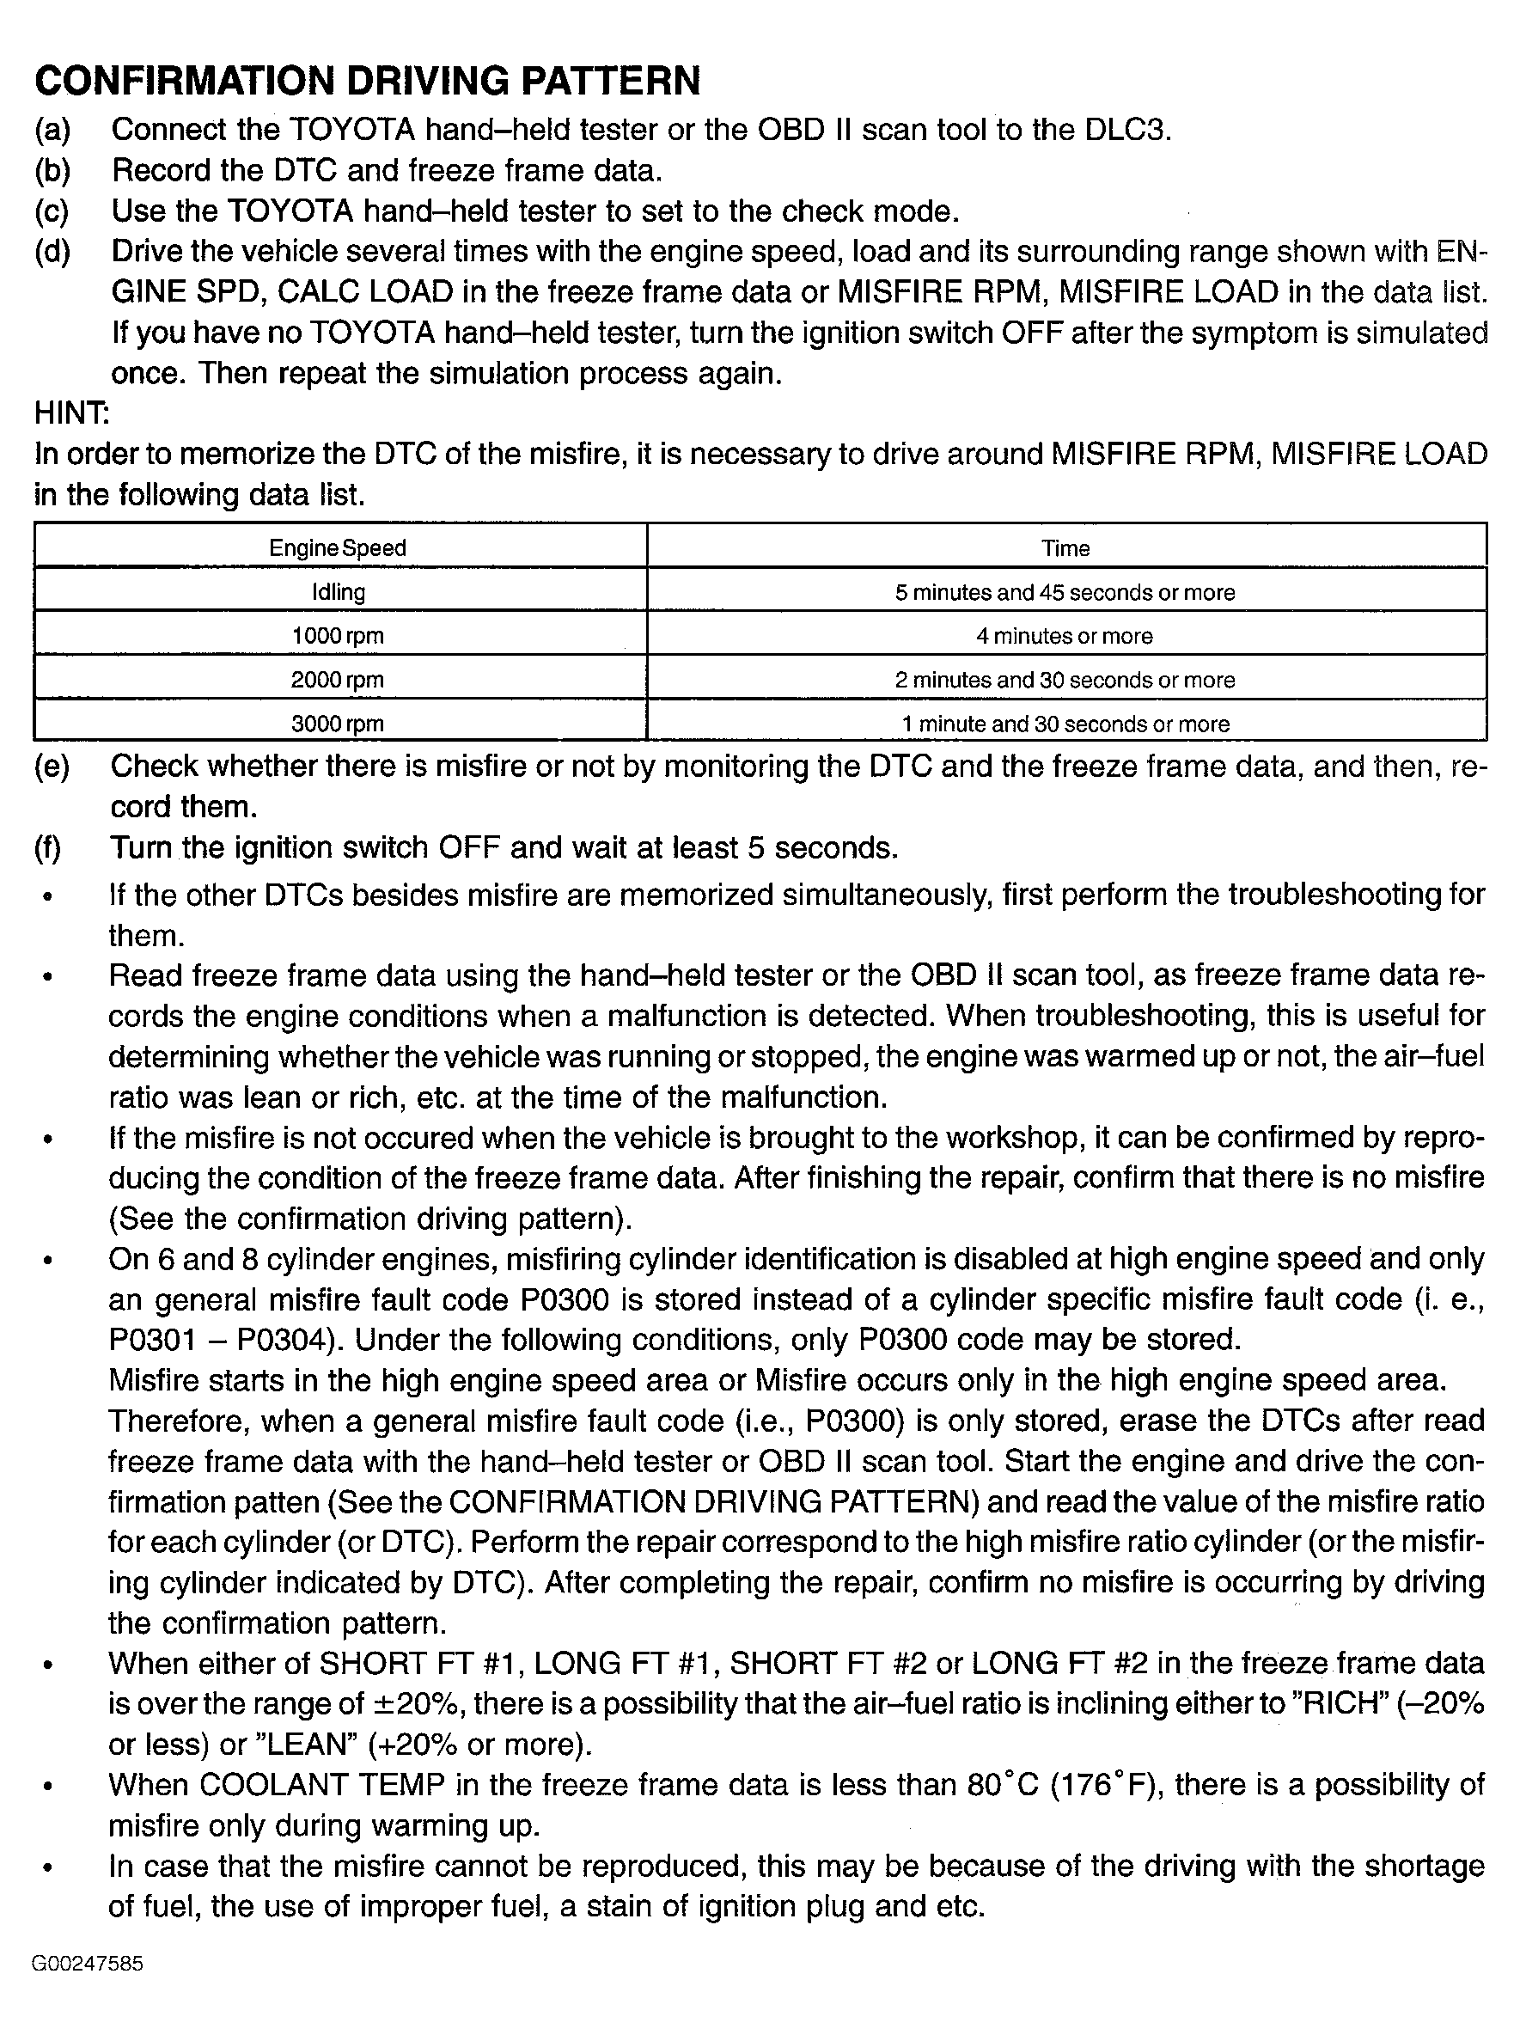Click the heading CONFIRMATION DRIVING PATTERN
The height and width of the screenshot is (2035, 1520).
pos(367,81)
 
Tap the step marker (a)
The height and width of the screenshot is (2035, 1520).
pos(52,130)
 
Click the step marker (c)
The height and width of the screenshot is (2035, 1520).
pos(52,211)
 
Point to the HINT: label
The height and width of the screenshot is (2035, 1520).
pos(72,414)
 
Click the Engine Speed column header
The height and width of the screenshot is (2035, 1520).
pos(338,548)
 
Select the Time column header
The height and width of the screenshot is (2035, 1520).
pos(1065,548)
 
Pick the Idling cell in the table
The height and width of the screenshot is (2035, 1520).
pos(338,592)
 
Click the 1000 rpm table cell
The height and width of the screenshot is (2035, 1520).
pos(338,636)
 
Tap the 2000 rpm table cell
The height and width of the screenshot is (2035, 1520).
pos(338,680)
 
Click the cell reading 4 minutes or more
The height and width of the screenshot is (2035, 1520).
pos(1065,636)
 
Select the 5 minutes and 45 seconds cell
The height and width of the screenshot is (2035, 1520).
pos(1065,592)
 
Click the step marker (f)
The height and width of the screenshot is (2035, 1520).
pos(49,847)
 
